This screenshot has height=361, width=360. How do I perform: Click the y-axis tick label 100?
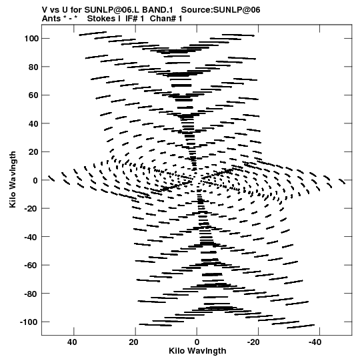31,39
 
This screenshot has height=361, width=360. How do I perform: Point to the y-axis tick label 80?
33,67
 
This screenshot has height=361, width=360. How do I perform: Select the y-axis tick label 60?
33,95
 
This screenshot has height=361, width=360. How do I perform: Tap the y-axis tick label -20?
31,209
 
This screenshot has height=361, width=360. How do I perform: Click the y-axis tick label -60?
31,266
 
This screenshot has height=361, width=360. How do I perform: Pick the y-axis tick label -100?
29,322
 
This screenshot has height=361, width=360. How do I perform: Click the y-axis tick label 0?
35,180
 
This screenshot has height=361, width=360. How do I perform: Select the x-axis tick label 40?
72,342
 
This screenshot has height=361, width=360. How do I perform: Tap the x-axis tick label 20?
133,342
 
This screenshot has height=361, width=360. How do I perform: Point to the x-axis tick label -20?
253,342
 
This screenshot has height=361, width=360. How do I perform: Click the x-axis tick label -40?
315,342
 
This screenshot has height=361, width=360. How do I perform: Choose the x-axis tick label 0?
197,342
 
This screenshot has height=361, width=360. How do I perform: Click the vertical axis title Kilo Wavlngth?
13,179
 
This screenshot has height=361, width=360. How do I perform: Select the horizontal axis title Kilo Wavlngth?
197,351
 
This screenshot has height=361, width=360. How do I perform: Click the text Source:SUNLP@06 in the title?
221,10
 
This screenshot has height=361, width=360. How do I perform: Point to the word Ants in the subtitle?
51,19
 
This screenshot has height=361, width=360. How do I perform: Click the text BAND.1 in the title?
157,10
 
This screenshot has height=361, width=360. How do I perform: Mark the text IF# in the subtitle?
131,19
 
